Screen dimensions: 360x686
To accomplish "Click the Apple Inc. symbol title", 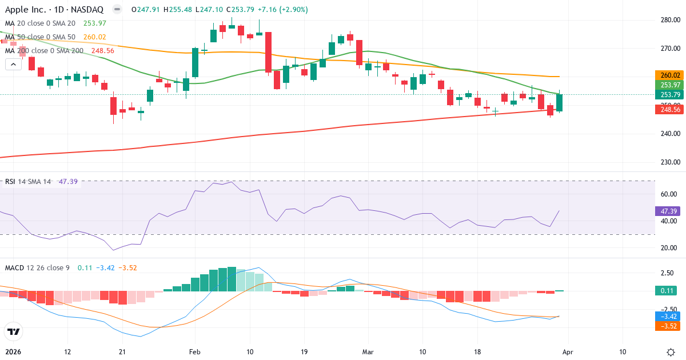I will pos(54,9).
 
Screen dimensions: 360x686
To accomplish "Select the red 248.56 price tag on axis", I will pos(668,109).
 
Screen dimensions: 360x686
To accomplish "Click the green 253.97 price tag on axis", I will pos(668,85).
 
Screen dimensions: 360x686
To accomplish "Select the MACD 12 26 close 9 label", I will pos(38,267).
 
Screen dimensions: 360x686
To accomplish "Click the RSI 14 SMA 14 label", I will pos(28,181).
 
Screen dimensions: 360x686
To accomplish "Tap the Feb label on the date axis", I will pos(196,352).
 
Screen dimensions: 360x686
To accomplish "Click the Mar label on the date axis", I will pos(368,352).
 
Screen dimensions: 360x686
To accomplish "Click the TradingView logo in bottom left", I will pos(14,331).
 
